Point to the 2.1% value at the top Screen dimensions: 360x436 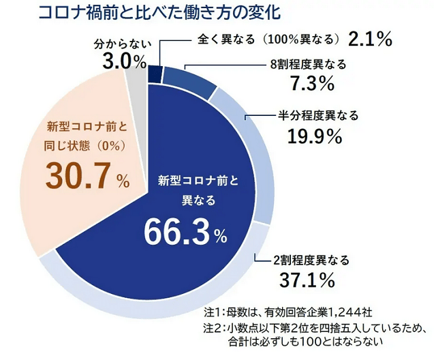369,37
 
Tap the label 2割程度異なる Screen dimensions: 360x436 311,260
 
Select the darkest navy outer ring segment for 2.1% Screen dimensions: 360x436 155,72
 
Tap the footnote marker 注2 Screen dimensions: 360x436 213,327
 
